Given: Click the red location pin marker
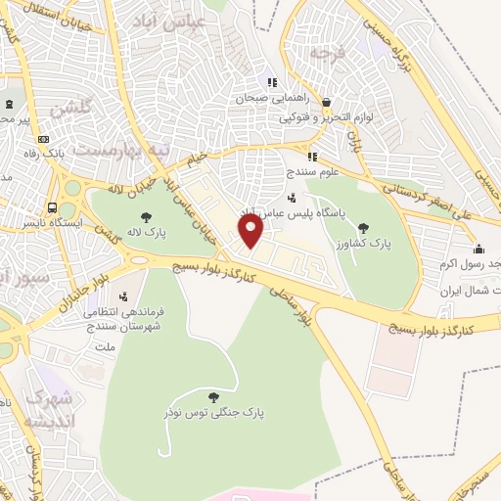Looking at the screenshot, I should pos(251,232).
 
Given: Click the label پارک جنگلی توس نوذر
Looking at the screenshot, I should pos(216,413).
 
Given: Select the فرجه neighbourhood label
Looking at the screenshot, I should pos(329,51).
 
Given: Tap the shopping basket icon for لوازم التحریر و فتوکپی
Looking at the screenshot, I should pos(325,102).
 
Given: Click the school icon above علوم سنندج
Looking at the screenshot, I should pos(312,157).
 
